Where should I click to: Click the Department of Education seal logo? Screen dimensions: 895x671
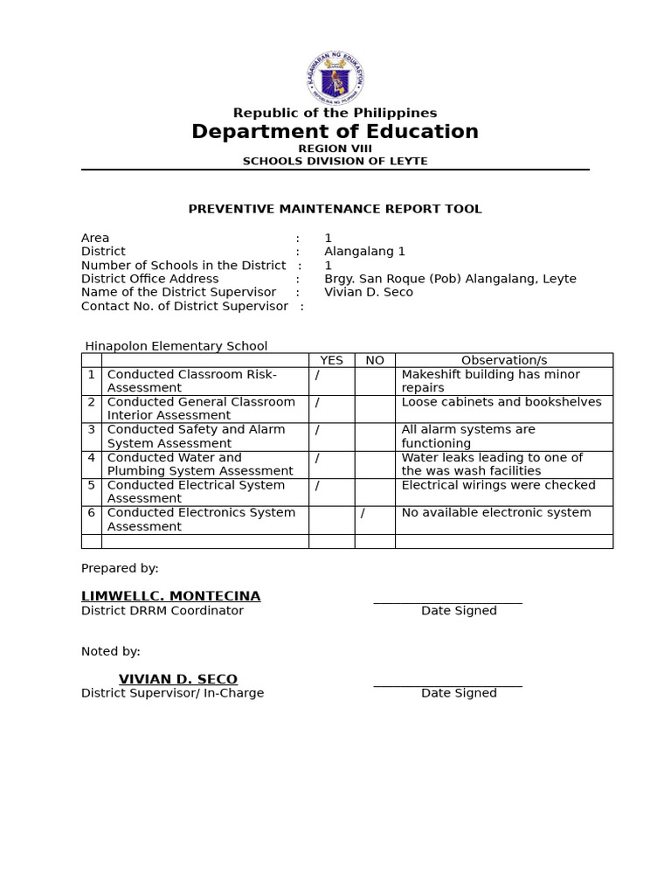click(x=335, y=78)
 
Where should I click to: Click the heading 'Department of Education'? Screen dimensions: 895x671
click(x=335, y=132)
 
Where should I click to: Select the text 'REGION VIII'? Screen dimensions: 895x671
click(x=335, y=149)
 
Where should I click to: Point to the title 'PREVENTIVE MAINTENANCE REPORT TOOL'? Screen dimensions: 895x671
click(x=335, y=209)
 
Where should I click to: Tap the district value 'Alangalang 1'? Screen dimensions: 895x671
click(x=364, y=252)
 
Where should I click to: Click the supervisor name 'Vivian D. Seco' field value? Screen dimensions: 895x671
click(x=368, y=292)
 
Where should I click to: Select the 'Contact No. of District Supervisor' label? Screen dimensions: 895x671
click(x=184, y=306)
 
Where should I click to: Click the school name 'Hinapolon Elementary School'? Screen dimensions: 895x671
click(x=176, y=346)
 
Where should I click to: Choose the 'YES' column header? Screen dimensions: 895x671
click(x=331, y=360)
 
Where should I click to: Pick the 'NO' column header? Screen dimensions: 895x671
click(x=375, y=360)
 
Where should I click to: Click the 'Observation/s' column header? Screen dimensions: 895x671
click(x=504, y=360)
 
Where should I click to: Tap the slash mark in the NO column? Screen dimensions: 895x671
click(x=363, y=513)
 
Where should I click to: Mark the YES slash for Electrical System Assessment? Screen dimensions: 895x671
click(x=317, y=485)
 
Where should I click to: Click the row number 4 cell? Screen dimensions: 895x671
click(x=92, y=458)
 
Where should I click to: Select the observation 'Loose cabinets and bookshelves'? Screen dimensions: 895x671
click(x=502, y=402)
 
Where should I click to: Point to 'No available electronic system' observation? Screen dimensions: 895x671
click(x=496, y=513)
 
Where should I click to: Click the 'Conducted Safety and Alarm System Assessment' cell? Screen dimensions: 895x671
click(x=197, y=436)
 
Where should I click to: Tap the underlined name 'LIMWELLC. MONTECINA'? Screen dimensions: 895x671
click(x=170, y=596)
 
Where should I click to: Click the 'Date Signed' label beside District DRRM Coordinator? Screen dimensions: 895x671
click(x=459, y=611)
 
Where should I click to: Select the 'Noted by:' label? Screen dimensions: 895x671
click(x=111, y=651)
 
